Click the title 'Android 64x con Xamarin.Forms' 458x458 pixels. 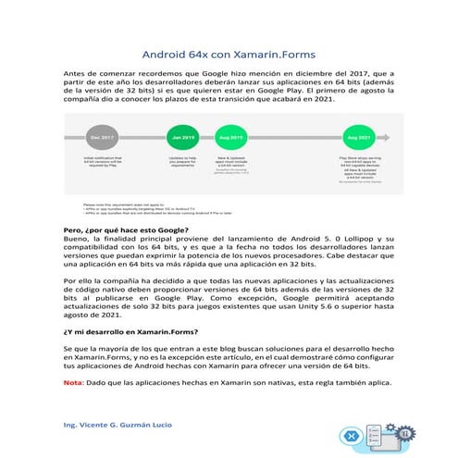tap(229, 54)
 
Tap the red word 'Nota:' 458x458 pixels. tap(72, 383)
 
